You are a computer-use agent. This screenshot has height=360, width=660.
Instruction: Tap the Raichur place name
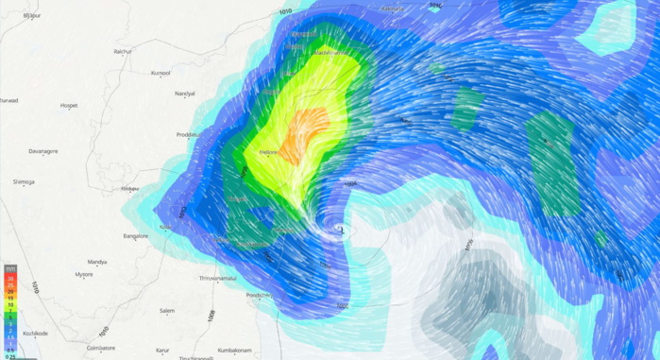pyautogui.click(x=122, y=51)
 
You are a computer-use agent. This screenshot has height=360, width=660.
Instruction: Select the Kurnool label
pyautogui.click(x=161, y=73)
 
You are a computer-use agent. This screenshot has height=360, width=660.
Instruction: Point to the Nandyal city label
pyautogui.click(x=184, y=94)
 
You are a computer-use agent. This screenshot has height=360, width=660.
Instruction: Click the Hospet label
pyautogui.click(x=68, y=105)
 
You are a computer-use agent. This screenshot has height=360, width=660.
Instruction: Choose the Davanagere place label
pyautogui.click(x=43, y=151)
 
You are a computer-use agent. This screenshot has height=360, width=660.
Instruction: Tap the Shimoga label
pyautogui.click(x=24, y=181)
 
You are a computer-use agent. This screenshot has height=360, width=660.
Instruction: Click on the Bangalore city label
pyautogui.click(x=136, y=235)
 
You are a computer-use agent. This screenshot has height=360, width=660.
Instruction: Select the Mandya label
pyautogui.click(x=96, y=262)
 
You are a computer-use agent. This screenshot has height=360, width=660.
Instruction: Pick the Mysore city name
pyautogui.click(x=84, y=274)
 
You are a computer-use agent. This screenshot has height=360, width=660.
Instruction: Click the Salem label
pyautogui.click(x=167, y=310)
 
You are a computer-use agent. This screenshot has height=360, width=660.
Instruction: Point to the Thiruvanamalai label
pyautogui.click(x=222, y=278)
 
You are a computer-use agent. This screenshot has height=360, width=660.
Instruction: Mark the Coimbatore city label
pyautogui.click(x=100, y=348)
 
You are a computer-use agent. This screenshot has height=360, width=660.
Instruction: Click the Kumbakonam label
pyautogui.click(x=232, y=349)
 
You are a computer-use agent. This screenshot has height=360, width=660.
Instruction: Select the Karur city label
pyautogui.click(x=163, y=349)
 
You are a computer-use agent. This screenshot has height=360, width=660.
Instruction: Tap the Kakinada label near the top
pyautogui.click(x=393, y=9)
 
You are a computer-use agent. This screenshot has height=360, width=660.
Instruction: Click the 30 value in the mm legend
pyautogui.click(x=10, y=279)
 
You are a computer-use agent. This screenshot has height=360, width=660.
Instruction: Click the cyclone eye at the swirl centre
pyautogui.click(x=341, y=228)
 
